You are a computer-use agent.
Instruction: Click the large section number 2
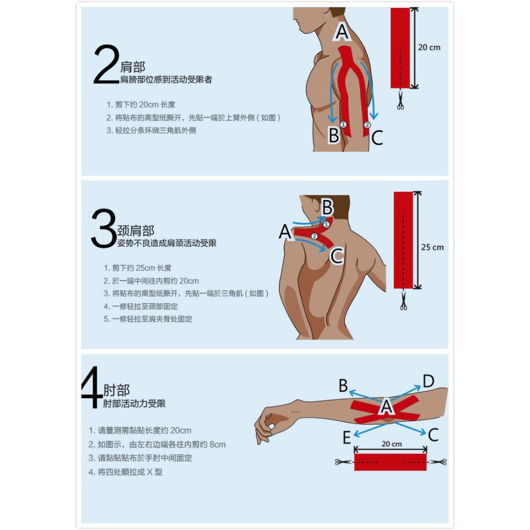(x=106, y=64)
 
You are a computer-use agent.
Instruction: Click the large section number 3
(x=104, y=228)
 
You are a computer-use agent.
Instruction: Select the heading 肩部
(x=132, y=67)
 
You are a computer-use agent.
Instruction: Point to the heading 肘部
(x=116, y=390)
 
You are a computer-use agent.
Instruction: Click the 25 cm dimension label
(x=433, y=247)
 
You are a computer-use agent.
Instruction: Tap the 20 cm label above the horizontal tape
(x=392, y=444)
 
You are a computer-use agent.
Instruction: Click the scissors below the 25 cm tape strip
(x=403, y=300)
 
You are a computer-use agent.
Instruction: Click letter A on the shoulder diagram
(x=341, y=33)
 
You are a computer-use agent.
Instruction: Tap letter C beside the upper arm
(x=377, y=138)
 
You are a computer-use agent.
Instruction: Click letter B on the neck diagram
(x=327, y=207)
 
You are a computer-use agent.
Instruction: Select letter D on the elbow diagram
(x=428, y=381)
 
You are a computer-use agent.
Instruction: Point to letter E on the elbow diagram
(x=347, y=437)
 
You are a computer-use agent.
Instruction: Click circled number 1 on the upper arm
(x=343, y=124)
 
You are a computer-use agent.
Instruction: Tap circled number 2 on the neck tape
(x=315, y=236)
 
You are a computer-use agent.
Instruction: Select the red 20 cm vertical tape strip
(x=400, y=48)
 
